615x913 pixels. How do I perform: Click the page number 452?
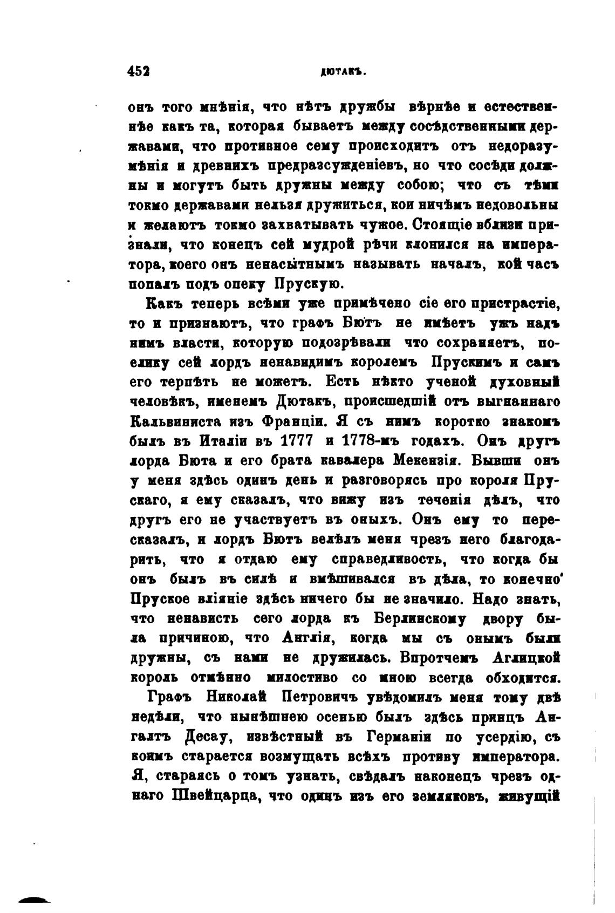point(140,72)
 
